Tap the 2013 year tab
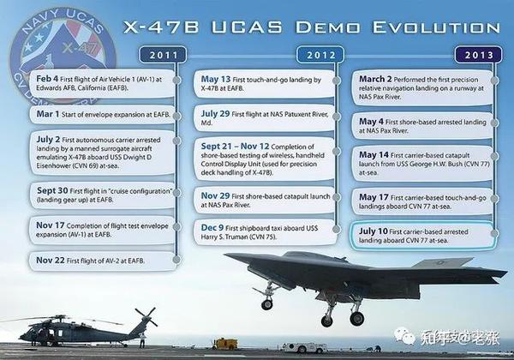point(478,56)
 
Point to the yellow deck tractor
point(225,344)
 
